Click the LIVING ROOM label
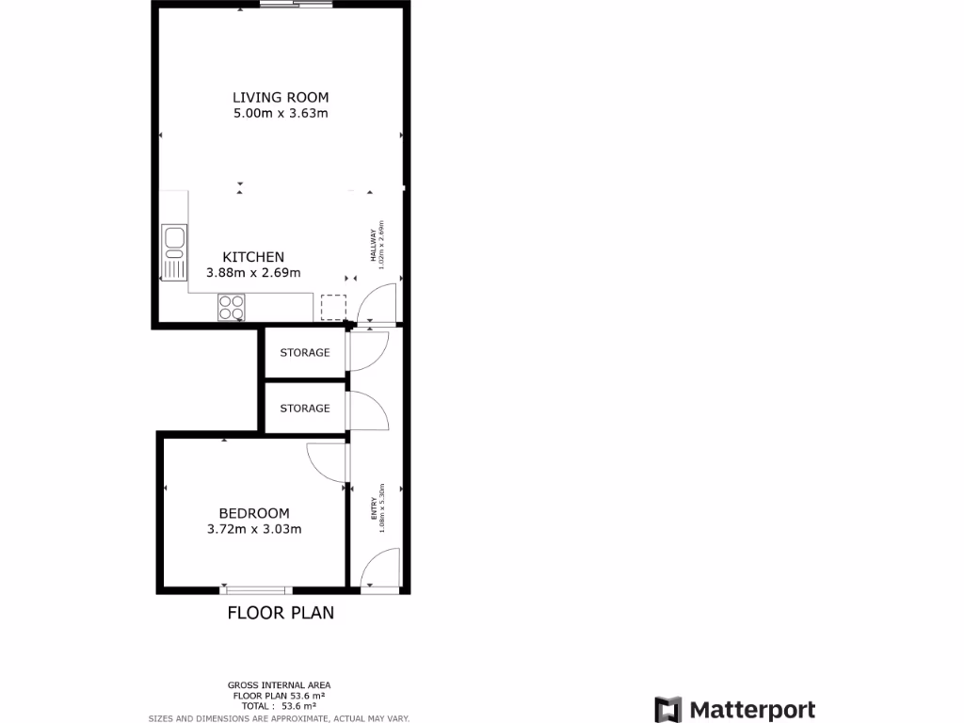coord(281,97)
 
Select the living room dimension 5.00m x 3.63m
coord(281,114)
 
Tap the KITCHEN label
coord(253,257)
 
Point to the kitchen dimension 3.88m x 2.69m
coord(253,273)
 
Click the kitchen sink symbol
coord(174,252)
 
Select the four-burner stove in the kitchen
coord(232,307)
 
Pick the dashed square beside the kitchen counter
coord(333,308)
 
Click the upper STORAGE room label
coord(305,353)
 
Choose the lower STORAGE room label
coord(305,409)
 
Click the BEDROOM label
coord(254,513)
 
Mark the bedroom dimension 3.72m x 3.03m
coord(254,529)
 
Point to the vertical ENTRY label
coord(375,509)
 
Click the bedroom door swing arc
coord(326,461)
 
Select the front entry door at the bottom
coord(379,572)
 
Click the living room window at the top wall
coord(296,6)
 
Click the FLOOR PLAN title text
coord(281,613)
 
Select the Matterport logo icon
coord(668,710)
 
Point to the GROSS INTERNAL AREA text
coord(279,684)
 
